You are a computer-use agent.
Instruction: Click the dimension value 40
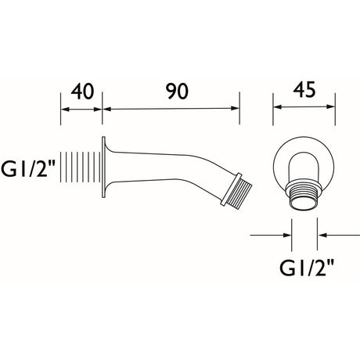[x=82, y=92]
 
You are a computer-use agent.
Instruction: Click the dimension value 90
[x=178, y=92]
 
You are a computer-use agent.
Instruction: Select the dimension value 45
[x=304, y=90]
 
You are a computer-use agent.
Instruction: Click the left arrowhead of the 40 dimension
[x=64, y=110]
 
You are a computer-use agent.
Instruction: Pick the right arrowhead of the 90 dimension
[x=235, y=108]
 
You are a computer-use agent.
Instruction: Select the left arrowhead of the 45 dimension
[x=277, y=106]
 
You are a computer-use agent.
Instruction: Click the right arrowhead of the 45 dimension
[x=331, y=106]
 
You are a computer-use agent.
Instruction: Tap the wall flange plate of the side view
[x=103, y=167]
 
